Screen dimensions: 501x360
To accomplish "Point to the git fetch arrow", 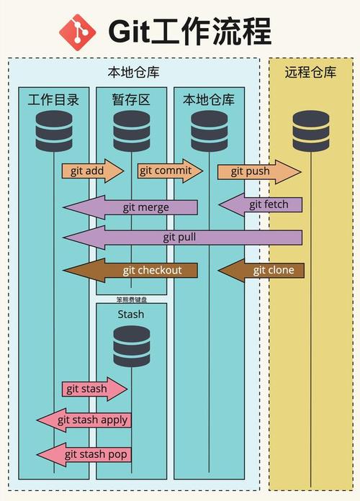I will (261, 204).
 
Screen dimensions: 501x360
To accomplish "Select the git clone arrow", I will (261, 271).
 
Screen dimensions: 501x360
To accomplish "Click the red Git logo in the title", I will (78, 32).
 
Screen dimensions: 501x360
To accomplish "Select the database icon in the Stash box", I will (132, 346).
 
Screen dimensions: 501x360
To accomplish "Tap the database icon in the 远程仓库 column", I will (310, 131).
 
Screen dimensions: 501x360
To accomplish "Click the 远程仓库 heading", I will (310, 72).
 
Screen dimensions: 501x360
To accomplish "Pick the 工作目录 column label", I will (54, 99).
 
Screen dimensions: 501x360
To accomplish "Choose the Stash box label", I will (131, 314).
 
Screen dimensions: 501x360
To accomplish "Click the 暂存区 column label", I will (131, 99).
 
